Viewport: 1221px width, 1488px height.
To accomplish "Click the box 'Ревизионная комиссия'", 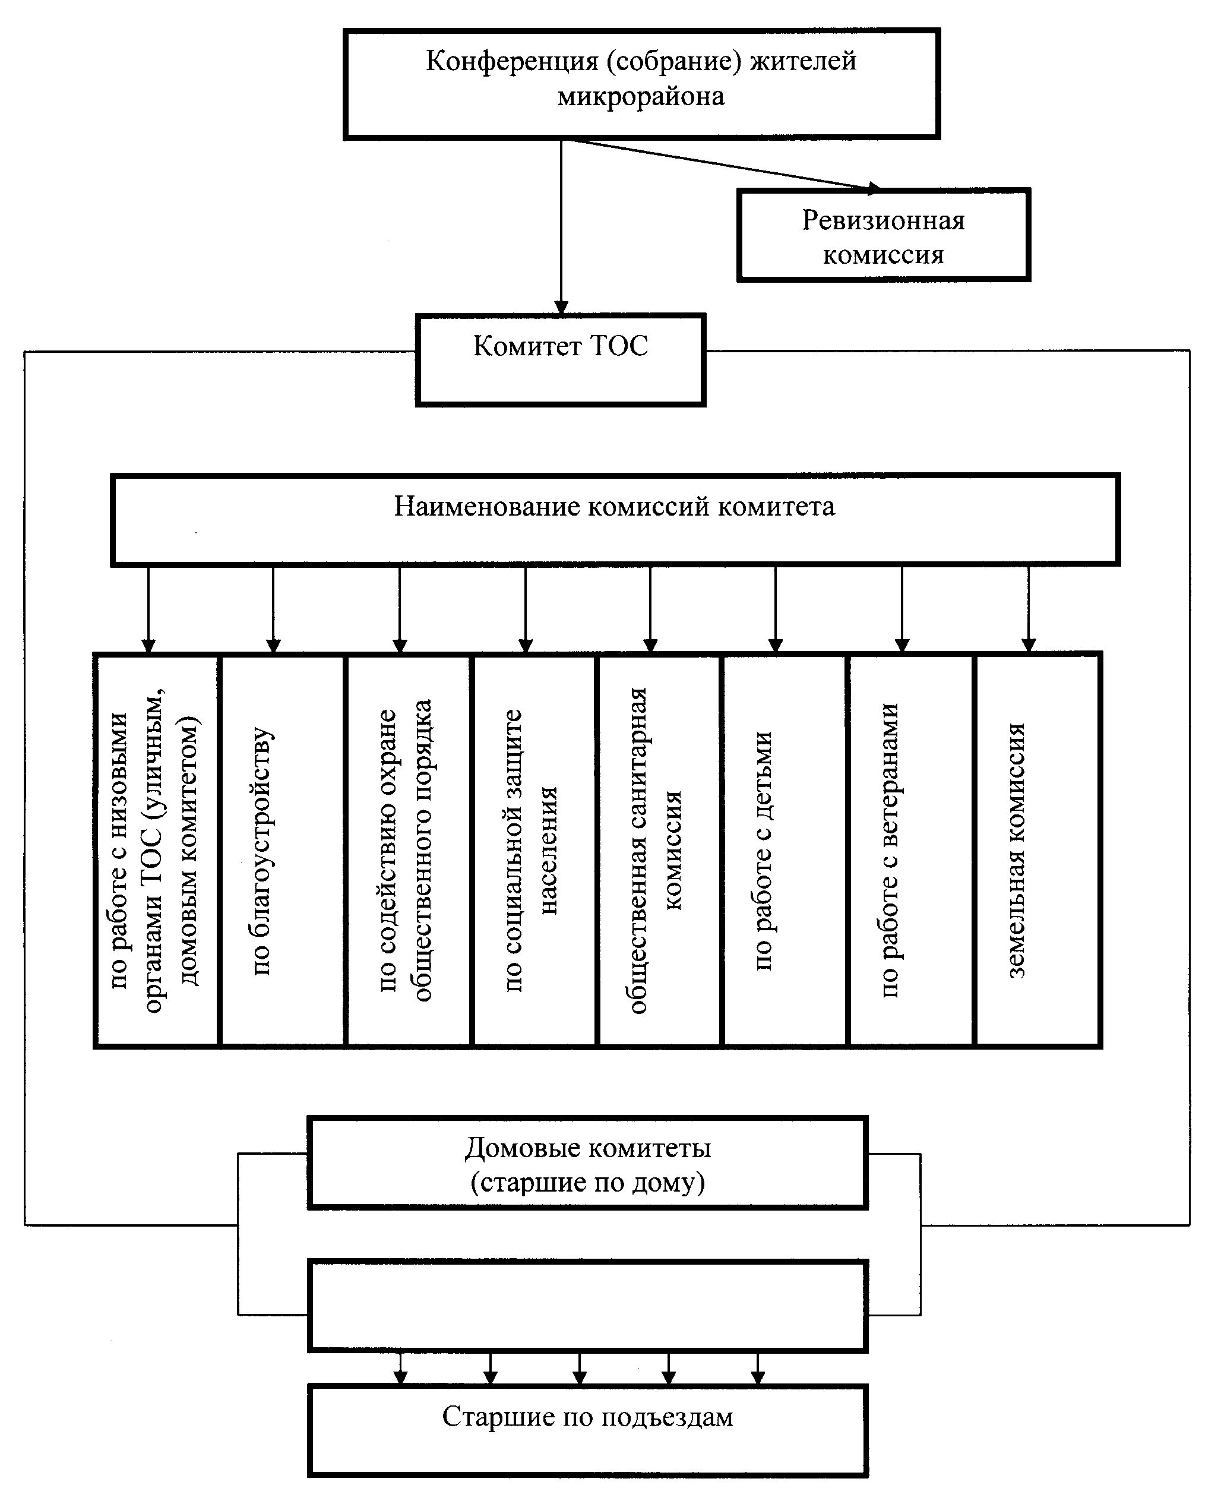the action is pos(884,235).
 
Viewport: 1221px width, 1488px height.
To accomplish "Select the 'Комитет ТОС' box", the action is pos(561,360).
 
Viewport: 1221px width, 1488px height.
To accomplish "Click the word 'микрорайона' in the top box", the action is pos(641,96).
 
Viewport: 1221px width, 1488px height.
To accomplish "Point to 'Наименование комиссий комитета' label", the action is pos(615,507).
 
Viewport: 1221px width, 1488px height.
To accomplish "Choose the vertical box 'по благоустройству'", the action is pos(282,851).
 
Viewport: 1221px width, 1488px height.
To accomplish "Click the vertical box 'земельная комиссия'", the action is pos(1037,851).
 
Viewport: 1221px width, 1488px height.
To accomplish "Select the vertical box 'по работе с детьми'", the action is pos(785,851).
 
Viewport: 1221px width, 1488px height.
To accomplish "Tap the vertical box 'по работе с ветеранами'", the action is pos(912,851).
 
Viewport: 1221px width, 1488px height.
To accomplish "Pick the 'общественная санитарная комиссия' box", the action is pos(659,851).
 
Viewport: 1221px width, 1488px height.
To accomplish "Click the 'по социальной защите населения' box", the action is pos(534,851).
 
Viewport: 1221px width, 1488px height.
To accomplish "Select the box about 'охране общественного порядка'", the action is pos(408,851).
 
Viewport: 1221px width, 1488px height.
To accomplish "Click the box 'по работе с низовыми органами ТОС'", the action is pos(157,851).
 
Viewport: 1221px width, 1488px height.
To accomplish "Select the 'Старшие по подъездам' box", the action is pos(587,1430).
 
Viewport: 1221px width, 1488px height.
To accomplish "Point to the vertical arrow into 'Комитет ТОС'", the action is pos(561,226).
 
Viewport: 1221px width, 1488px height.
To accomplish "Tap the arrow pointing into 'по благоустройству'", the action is pos(274,609).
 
